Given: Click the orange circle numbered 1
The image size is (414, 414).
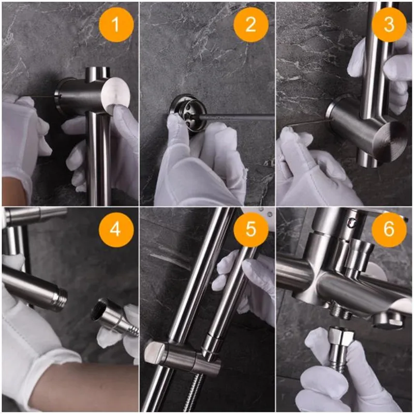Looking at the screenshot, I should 116,24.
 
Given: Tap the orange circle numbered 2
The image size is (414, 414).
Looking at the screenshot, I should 251,24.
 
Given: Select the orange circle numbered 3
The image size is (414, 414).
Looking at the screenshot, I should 389,24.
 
